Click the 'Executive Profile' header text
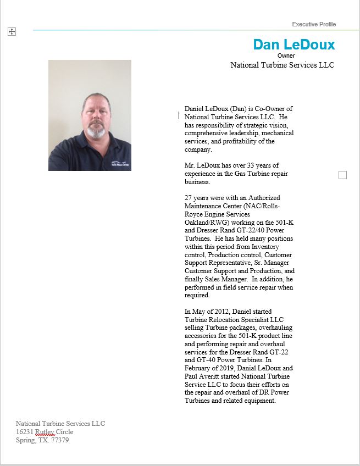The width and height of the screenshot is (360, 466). pyautogui.click(x=314, y=24)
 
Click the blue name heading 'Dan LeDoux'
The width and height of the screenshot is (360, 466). pyautogui.click(x=293, y=45)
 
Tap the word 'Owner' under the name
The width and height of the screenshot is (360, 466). pyautogui.click(x=286, y=56)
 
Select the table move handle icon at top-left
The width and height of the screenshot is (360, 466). pyautogui.click(x=12, y=32)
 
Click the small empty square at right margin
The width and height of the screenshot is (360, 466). pyautogui.click(x=342, y=175)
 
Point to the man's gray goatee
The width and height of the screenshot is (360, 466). pyautogui.click(x=96, y=132)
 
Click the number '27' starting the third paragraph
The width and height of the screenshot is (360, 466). pyautogui.click(x=189, y=198)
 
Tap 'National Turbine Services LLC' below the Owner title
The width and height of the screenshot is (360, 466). pyautogui.click(x=282, y=65)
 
